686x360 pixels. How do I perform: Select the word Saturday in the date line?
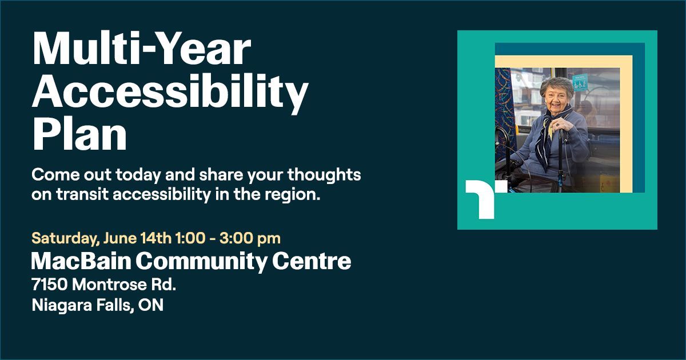click(58, 236)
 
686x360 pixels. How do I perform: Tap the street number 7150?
click(47, 284)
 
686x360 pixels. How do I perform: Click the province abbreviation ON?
click(152, 306)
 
